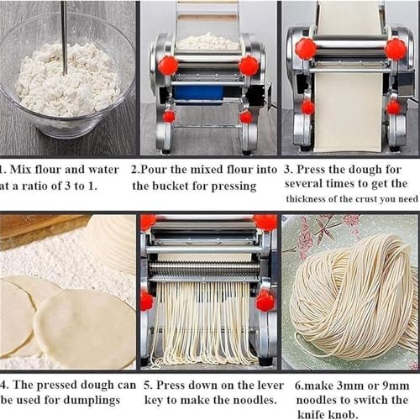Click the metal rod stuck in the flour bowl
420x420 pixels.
tap(63, 34)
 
